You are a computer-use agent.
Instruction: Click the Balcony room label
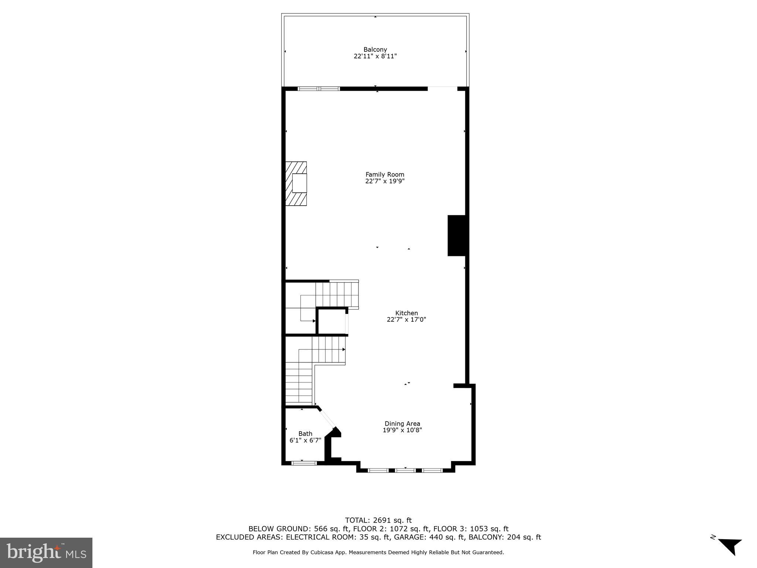[x=375, y=50]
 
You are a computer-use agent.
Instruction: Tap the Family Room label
[x=385, y=175]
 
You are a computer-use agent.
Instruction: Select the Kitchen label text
[x=407, y=313]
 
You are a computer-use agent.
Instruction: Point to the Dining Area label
[x=402, y=424]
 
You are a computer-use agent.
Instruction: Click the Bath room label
[x=305, y=434]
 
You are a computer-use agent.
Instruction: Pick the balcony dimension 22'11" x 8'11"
[x=375, y=57]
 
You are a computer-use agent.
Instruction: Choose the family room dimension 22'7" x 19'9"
[x=385, y=181]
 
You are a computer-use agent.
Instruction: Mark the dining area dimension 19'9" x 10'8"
[x=402, y=430]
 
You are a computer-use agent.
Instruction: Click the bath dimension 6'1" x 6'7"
[x=305, y=440]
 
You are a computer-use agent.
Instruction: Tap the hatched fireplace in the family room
[x=296, y=184]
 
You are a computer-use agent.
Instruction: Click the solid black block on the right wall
[x=456, y=236]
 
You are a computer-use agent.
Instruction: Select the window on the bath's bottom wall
[x=304, y=463]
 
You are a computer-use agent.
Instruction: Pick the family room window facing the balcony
[x=319, y=89]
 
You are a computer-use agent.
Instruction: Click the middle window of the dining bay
[x=405, y=470]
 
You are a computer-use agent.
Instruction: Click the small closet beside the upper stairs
[x=332, y=321]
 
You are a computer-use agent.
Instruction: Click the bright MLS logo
[x=46, y=553]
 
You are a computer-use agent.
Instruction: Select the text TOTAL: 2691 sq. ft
[x=378, y=521]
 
